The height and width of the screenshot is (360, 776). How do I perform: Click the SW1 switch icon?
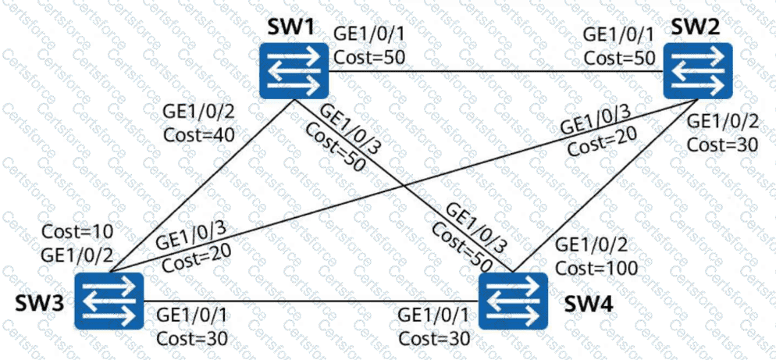coord(294,69)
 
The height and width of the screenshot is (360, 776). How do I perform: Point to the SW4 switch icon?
coord(513,301)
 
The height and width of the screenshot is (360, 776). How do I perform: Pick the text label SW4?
coord(578,300)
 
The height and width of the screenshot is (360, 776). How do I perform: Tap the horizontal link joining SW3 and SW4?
coord(312,301)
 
